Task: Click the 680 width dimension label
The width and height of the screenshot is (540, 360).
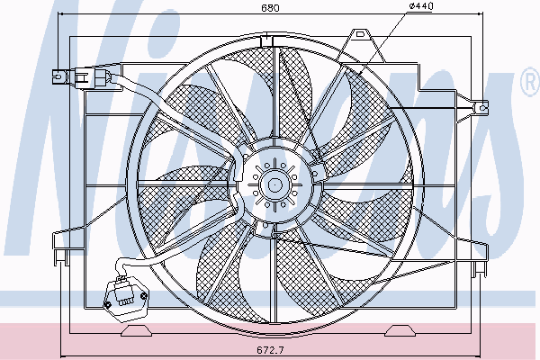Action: pyautogui.click(x=270, y=8)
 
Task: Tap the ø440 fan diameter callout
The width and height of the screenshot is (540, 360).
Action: pyautogui.click(x=421, y=6)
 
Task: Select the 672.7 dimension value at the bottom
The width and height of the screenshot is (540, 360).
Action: pyautogui.click(x=270, y=351)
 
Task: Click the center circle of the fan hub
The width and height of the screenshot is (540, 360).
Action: pyautogui.click(x=274, y=185)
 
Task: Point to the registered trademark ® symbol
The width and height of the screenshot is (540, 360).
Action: pyautogui.click(x=530, y=82)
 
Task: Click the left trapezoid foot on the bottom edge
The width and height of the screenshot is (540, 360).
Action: pyautogui.click(x=136, y=330)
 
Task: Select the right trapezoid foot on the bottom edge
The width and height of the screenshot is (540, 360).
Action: pyautogui.click(x=400, y=330)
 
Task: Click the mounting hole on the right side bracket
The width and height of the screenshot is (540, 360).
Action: pyautogui.click(x=482, y=108)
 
